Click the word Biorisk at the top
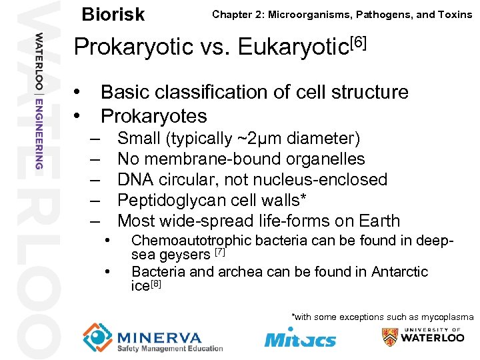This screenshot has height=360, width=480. tap(113, 14)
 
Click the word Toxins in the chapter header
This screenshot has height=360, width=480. tap(455, 14)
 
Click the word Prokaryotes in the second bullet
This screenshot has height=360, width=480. tap(153, 116)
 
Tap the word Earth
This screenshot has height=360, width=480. tap(379, 221)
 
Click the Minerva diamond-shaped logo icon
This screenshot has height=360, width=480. tap(98, 337)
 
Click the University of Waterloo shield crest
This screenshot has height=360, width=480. tap(391, 337)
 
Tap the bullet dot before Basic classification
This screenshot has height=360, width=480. tap(78, 92)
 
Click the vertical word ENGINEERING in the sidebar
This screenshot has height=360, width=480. tap(39, 133)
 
